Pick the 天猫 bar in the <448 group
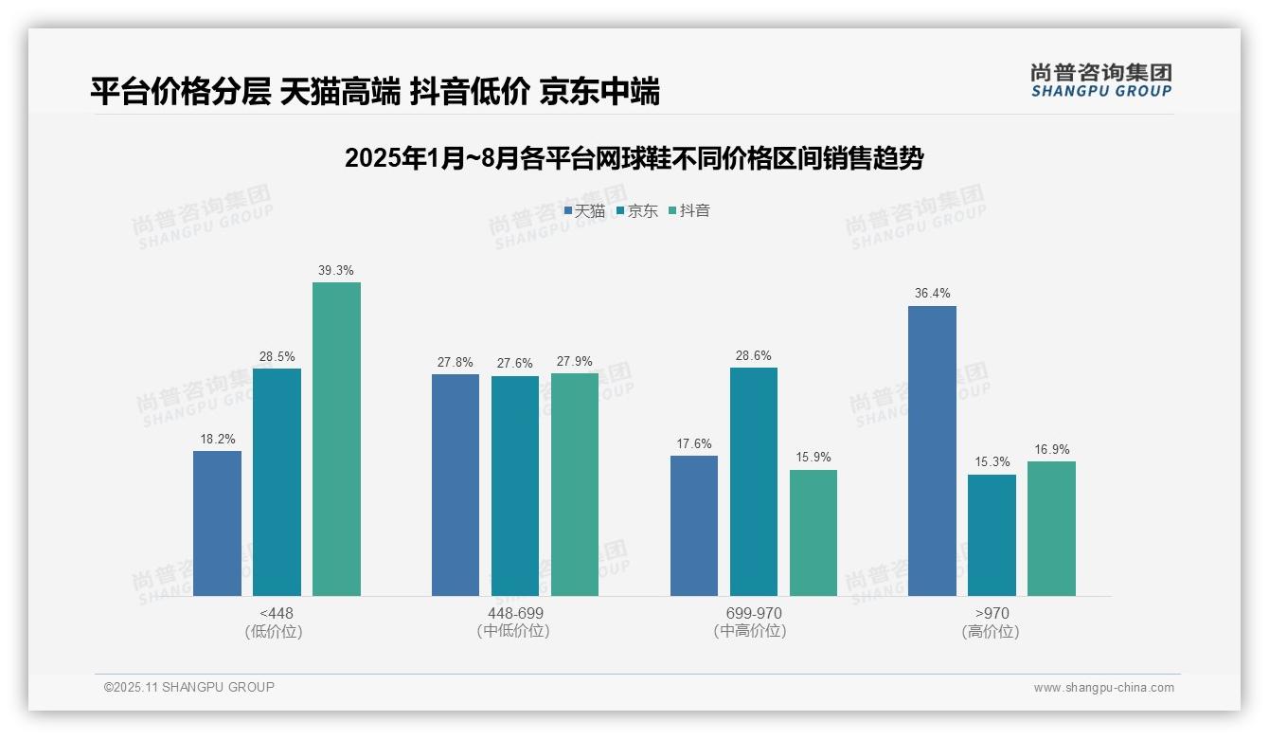point(217,523)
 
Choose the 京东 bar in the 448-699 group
point(515,486)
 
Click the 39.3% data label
point(336,271)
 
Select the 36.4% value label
point(932,294)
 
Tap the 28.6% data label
point(754,356)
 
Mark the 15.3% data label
point(992,462)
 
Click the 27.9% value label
point(575,362)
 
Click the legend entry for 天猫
point(584,211)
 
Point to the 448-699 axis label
point(515,614)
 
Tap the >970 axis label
point(991,614)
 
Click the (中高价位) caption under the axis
point(750,631)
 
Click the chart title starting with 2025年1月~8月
point(634,158)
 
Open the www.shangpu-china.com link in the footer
point(1103,688)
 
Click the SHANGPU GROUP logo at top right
point(1100,81)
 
